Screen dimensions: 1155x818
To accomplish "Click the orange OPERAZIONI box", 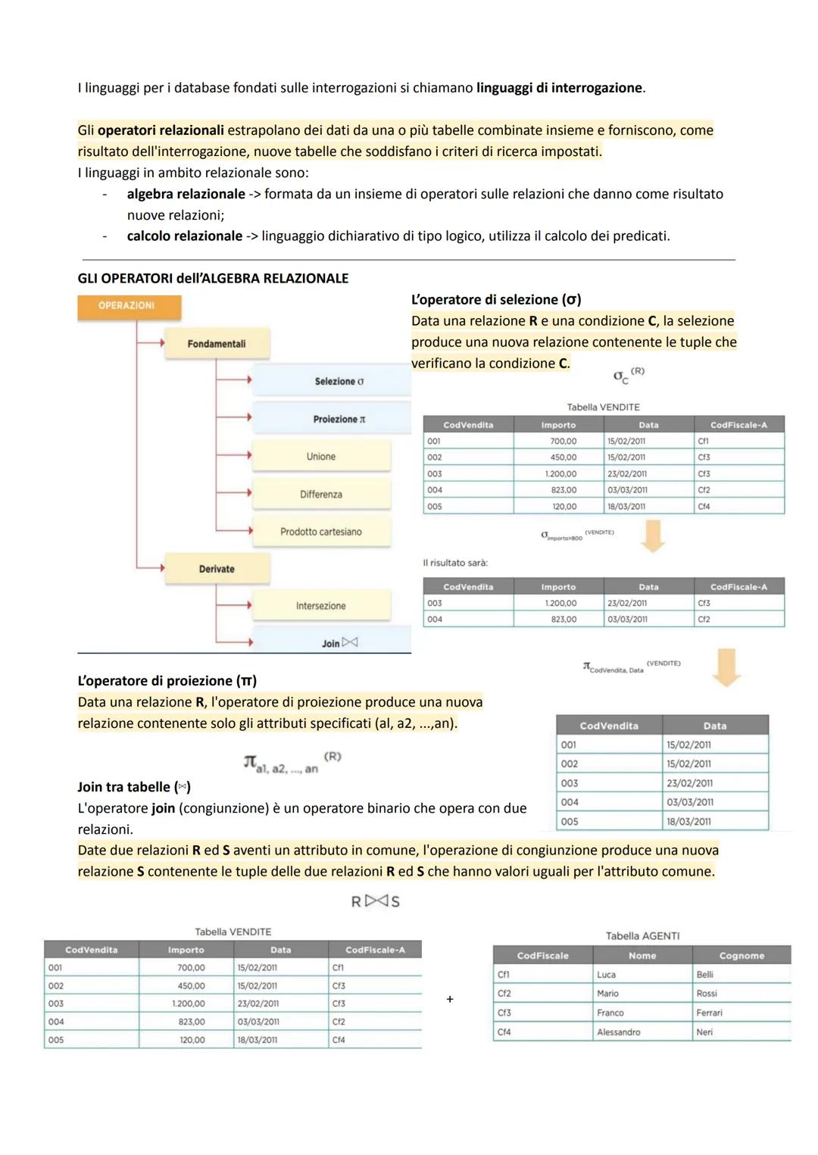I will click(x=129, y=306).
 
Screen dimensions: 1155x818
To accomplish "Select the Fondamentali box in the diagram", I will click(x=217, y=344).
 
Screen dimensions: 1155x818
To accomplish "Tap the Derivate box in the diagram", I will click(x=217, y=569).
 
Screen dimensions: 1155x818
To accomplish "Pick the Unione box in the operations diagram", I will click(x=321, y=457).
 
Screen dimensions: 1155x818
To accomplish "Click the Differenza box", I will click(x=321, y=495).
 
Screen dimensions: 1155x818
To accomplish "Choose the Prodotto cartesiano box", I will click(x=321, y=532).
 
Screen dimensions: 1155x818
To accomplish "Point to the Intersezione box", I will click(x=321, y=606).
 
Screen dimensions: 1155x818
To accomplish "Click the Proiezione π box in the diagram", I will click(x=332, y=419).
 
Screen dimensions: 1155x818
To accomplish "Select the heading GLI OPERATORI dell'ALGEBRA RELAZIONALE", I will click(x=213, y=278).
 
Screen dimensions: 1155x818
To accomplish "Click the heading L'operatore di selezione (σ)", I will click(x=496, y=299).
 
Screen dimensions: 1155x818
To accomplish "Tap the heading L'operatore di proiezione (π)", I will click(x=167, y=681).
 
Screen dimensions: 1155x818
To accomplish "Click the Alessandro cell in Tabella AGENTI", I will click(x=618, y=1032).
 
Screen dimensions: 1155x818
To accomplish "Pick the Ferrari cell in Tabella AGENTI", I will click(x=709, y=1013).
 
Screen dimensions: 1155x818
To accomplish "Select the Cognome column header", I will click(x=742, y=956).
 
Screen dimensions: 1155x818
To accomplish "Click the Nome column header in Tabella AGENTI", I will click(x=642, y=956).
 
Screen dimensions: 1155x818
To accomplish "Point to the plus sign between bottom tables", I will click(x=450, y=1000).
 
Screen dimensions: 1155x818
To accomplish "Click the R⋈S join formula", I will click(x=375, y=901).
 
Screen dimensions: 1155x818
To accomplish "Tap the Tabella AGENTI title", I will click(x=642, y=936).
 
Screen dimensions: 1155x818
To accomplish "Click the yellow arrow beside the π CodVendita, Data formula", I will click(x=726, y=666).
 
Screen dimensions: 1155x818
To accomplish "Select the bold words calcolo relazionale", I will click(x=185, y=236).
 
